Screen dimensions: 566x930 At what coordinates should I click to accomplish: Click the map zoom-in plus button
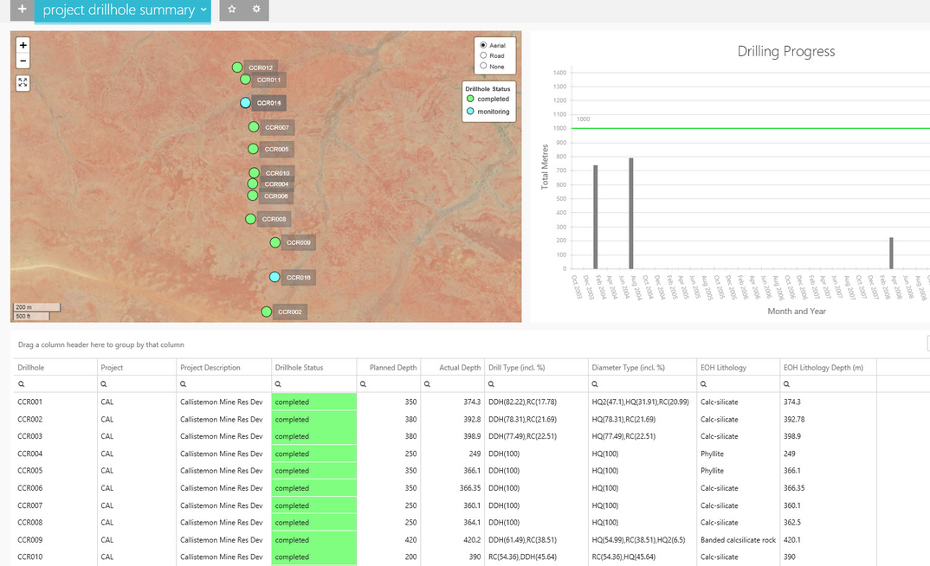pos(23,44)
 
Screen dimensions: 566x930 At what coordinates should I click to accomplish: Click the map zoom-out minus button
pos(23,61)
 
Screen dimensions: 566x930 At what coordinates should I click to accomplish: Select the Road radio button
pos(483,55)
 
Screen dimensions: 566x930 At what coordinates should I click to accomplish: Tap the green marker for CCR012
pos(237,68)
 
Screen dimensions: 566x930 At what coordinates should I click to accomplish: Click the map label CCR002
pos(290,312)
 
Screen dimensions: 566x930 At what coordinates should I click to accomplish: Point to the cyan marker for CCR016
pos(274,277)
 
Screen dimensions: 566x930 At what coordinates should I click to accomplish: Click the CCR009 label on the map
pos(298,242)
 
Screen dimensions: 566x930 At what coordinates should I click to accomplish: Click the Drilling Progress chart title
pos(785,51)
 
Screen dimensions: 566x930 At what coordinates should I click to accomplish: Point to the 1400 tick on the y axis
pos(559,72)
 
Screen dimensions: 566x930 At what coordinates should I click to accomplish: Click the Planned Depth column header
pos(393,368)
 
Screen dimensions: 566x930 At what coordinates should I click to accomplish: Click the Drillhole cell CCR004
pos(30,453)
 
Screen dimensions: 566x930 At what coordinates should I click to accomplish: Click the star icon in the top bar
pos(232,10)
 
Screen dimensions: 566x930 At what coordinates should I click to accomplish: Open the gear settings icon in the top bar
pos(256,10)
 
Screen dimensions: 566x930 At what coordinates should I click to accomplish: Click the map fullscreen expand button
pos(23,82)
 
